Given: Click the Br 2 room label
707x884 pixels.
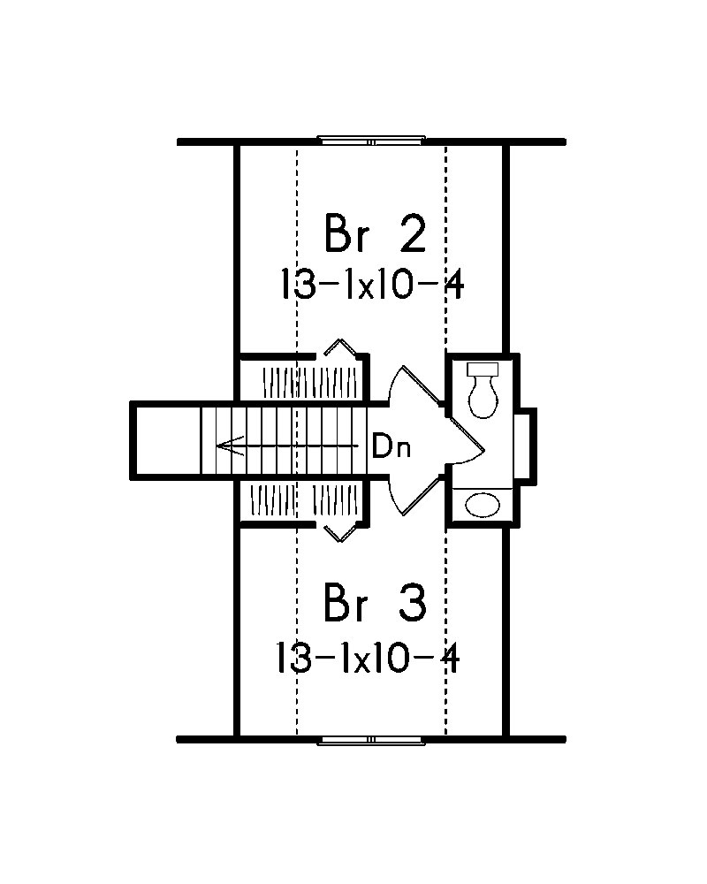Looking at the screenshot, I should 376,235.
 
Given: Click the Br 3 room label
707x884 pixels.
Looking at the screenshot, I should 376,606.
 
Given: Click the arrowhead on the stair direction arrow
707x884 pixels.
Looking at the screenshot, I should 226,446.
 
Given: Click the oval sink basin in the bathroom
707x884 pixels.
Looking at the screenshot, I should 483,505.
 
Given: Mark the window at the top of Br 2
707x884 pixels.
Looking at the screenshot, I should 371,140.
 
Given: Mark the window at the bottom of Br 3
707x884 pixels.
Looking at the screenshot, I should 371,741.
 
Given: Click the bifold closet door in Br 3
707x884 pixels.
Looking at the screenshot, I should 338,530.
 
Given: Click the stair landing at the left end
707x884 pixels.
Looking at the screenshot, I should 168,440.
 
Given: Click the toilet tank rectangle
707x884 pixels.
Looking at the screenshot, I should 483,369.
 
